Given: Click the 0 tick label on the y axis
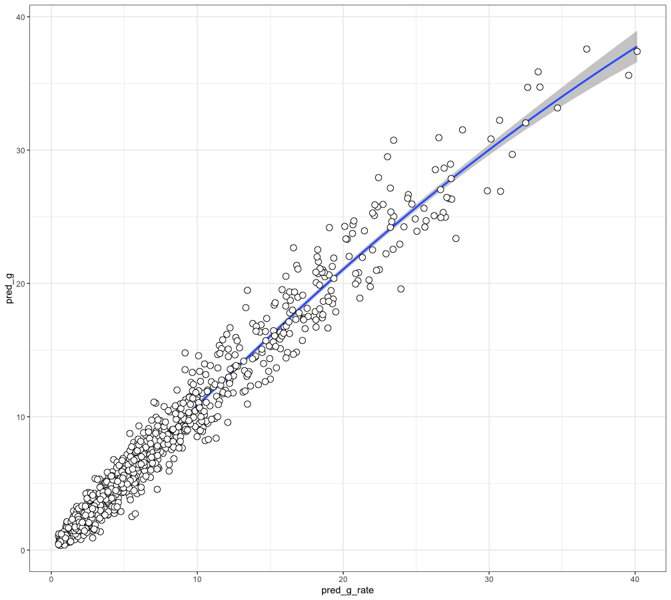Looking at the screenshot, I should click(23, 550).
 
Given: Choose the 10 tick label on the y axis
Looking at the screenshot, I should click(21, 417).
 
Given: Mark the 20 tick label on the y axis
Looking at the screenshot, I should click(21, 283).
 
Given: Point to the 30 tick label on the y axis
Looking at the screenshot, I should click(21, 150).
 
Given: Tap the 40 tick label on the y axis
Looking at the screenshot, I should click(21, 17).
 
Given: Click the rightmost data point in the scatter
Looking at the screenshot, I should click(637, 51).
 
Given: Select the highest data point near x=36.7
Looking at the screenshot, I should click(586, 49).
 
